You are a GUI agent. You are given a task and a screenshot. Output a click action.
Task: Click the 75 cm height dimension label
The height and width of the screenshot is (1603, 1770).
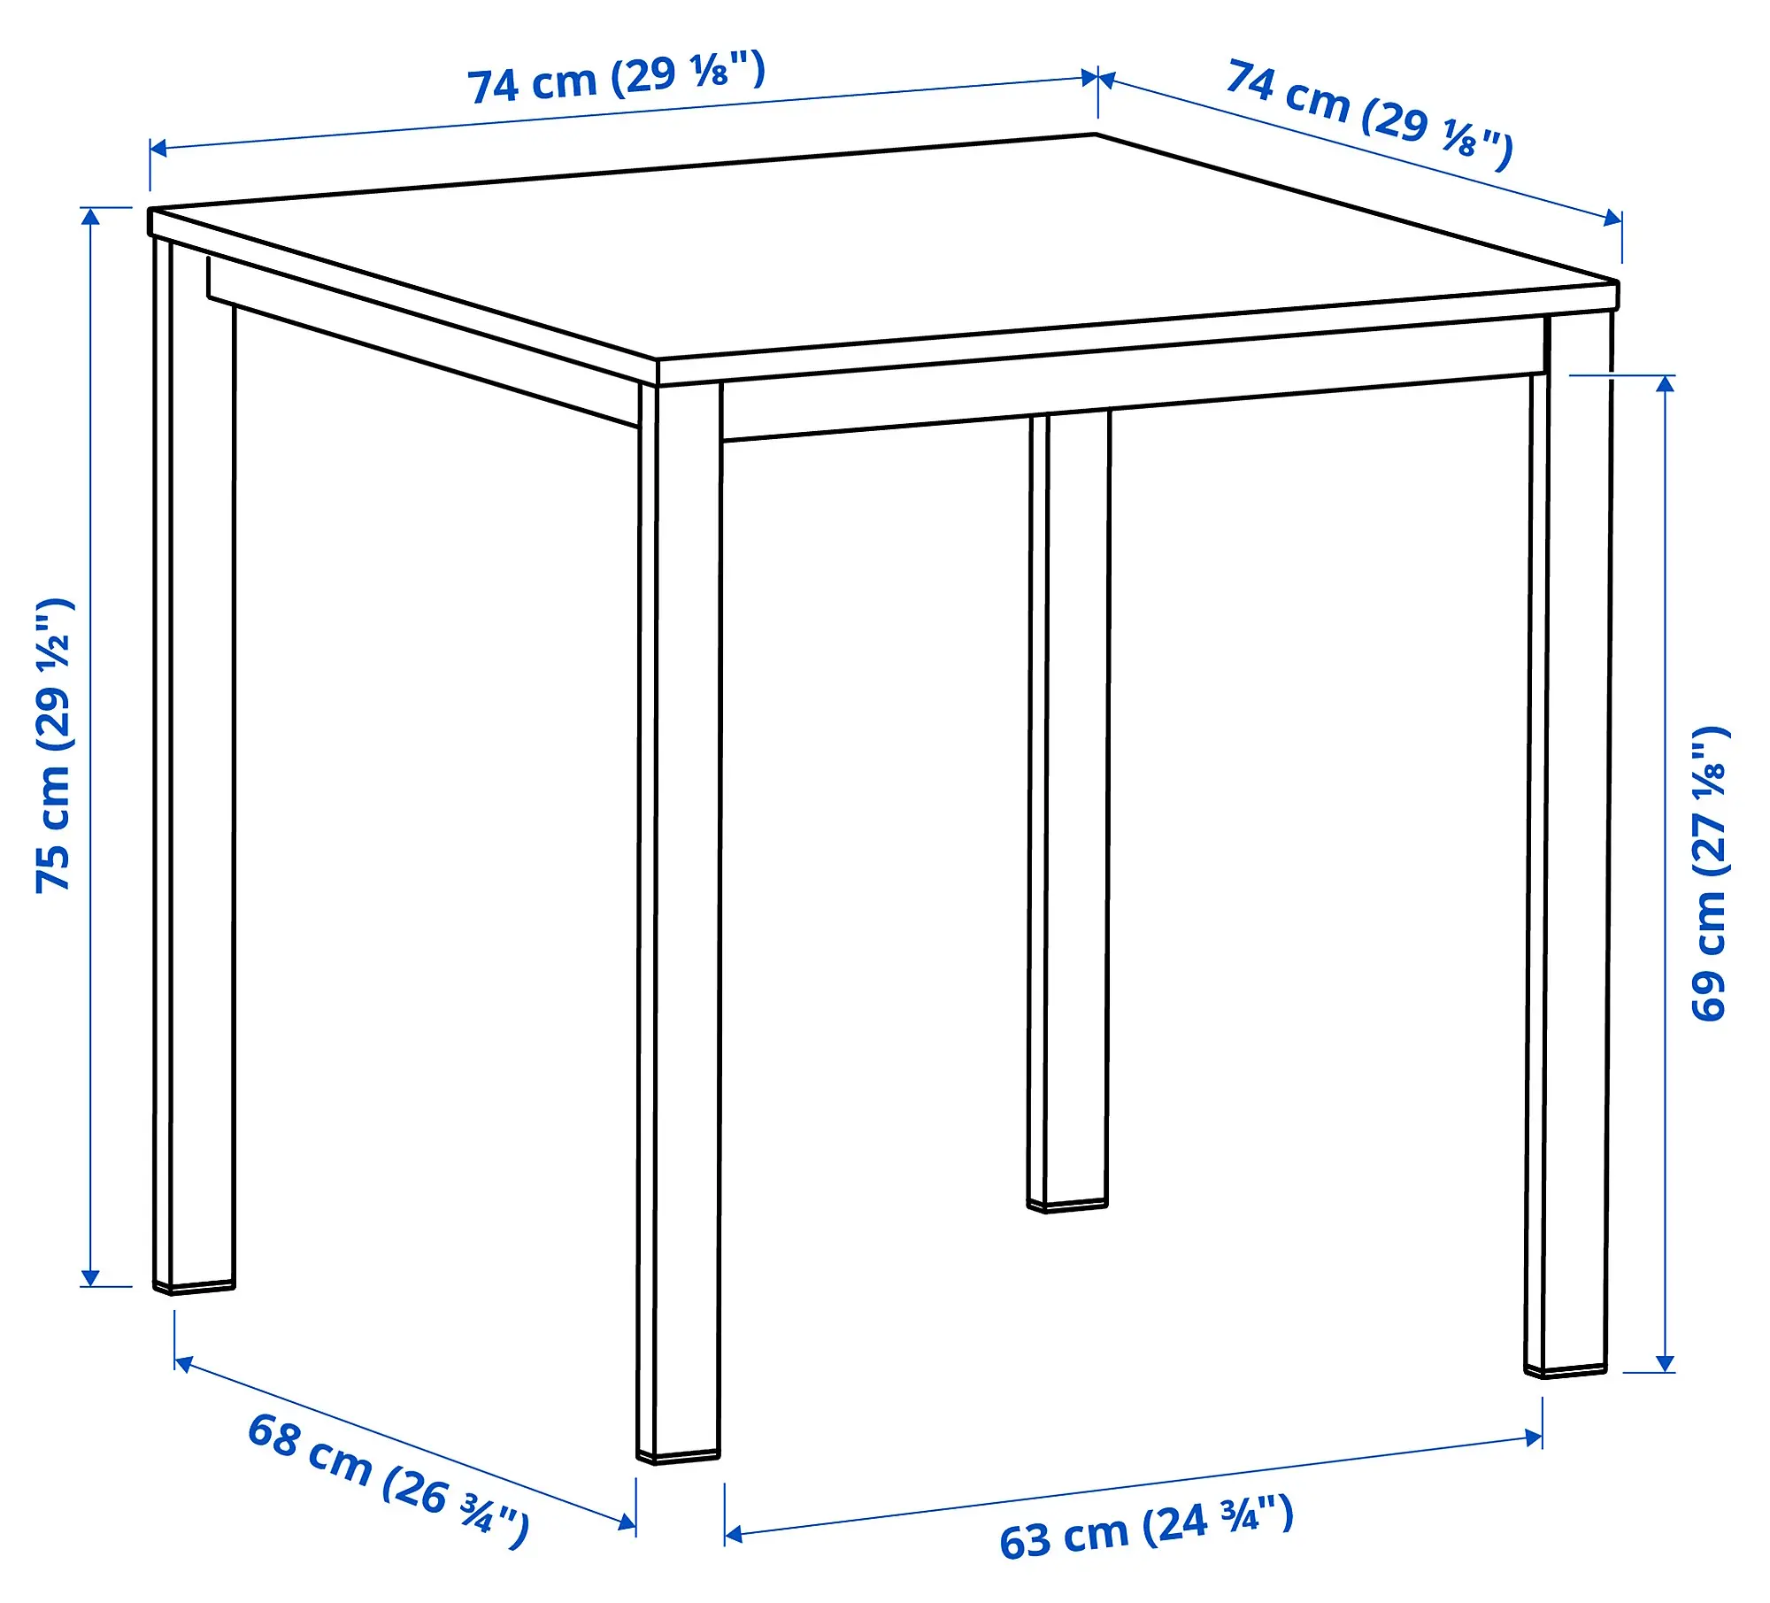coord(55,745)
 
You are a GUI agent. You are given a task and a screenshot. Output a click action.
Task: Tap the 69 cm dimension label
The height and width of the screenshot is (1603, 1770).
coord(1710,874)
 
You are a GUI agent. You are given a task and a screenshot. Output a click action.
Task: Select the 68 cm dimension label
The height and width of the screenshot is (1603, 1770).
coord(388,1479)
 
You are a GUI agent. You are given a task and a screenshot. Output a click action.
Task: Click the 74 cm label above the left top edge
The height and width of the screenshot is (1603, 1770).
coord(616,78)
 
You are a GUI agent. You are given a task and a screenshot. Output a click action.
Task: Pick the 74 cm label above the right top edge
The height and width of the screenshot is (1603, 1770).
coord(1369,114)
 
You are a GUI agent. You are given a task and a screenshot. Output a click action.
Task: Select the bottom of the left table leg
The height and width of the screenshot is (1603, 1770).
coord(194,1286)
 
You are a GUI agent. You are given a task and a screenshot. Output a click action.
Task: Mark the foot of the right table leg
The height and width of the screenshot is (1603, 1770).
coord(1565,1371)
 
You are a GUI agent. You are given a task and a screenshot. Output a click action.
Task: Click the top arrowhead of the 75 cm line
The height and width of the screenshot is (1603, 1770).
coord(90,215)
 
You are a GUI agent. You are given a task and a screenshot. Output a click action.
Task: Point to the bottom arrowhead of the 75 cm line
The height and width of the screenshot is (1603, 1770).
coord(90,1278)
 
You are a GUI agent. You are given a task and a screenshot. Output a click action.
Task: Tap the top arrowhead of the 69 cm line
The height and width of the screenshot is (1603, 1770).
coord(1666,383)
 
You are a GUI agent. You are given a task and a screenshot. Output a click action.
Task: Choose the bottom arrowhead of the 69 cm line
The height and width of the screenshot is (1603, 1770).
coord(1666,1364)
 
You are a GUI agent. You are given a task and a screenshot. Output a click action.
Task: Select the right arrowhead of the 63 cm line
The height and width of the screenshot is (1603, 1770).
coord(1534,1437)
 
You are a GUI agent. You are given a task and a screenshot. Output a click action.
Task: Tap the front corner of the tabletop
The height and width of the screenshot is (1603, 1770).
coord(657,361)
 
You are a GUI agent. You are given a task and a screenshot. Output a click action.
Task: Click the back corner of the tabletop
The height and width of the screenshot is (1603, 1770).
coord(1096,135)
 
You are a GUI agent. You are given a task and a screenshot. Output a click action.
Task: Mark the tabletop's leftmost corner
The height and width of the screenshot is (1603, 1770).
coord(150,211)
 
